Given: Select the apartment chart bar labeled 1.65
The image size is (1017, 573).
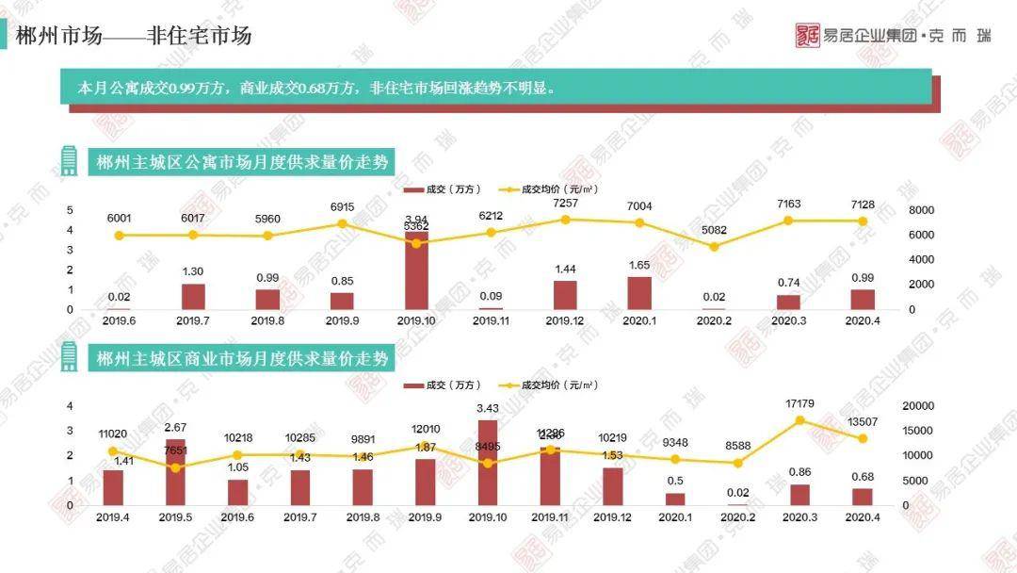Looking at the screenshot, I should tap(639, 293).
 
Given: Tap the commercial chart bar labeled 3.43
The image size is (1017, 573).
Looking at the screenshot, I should tap(488, 463).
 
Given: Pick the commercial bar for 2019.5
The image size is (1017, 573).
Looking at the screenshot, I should tap(175, 472).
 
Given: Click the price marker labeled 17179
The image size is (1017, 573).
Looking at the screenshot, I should tap(800, 421).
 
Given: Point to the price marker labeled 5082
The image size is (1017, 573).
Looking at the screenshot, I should tap(714, 247).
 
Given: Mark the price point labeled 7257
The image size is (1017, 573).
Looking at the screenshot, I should tap(565, 220).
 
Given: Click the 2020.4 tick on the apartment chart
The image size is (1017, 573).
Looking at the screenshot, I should tap(864, 321).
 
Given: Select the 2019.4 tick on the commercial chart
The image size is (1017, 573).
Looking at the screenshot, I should tap(113, 517).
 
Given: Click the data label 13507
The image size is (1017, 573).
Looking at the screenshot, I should tap(863, 421).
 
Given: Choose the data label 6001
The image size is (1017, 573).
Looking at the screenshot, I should tap(119, 218).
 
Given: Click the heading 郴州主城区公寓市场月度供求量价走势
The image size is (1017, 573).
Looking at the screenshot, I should tap(242, 162).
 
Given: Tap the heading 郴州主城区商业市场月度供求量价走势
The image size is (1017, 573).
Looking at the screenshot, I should tap(242, 359).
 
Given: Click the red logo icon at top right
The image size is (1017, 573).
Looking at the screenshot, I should tap(807, 36).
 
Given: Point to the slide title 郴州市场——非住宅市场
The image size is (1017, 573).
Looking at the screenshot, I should tap(134, 37).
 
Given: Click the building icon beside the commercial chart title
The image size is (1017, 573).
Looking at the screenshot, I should tap(69, 357).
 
